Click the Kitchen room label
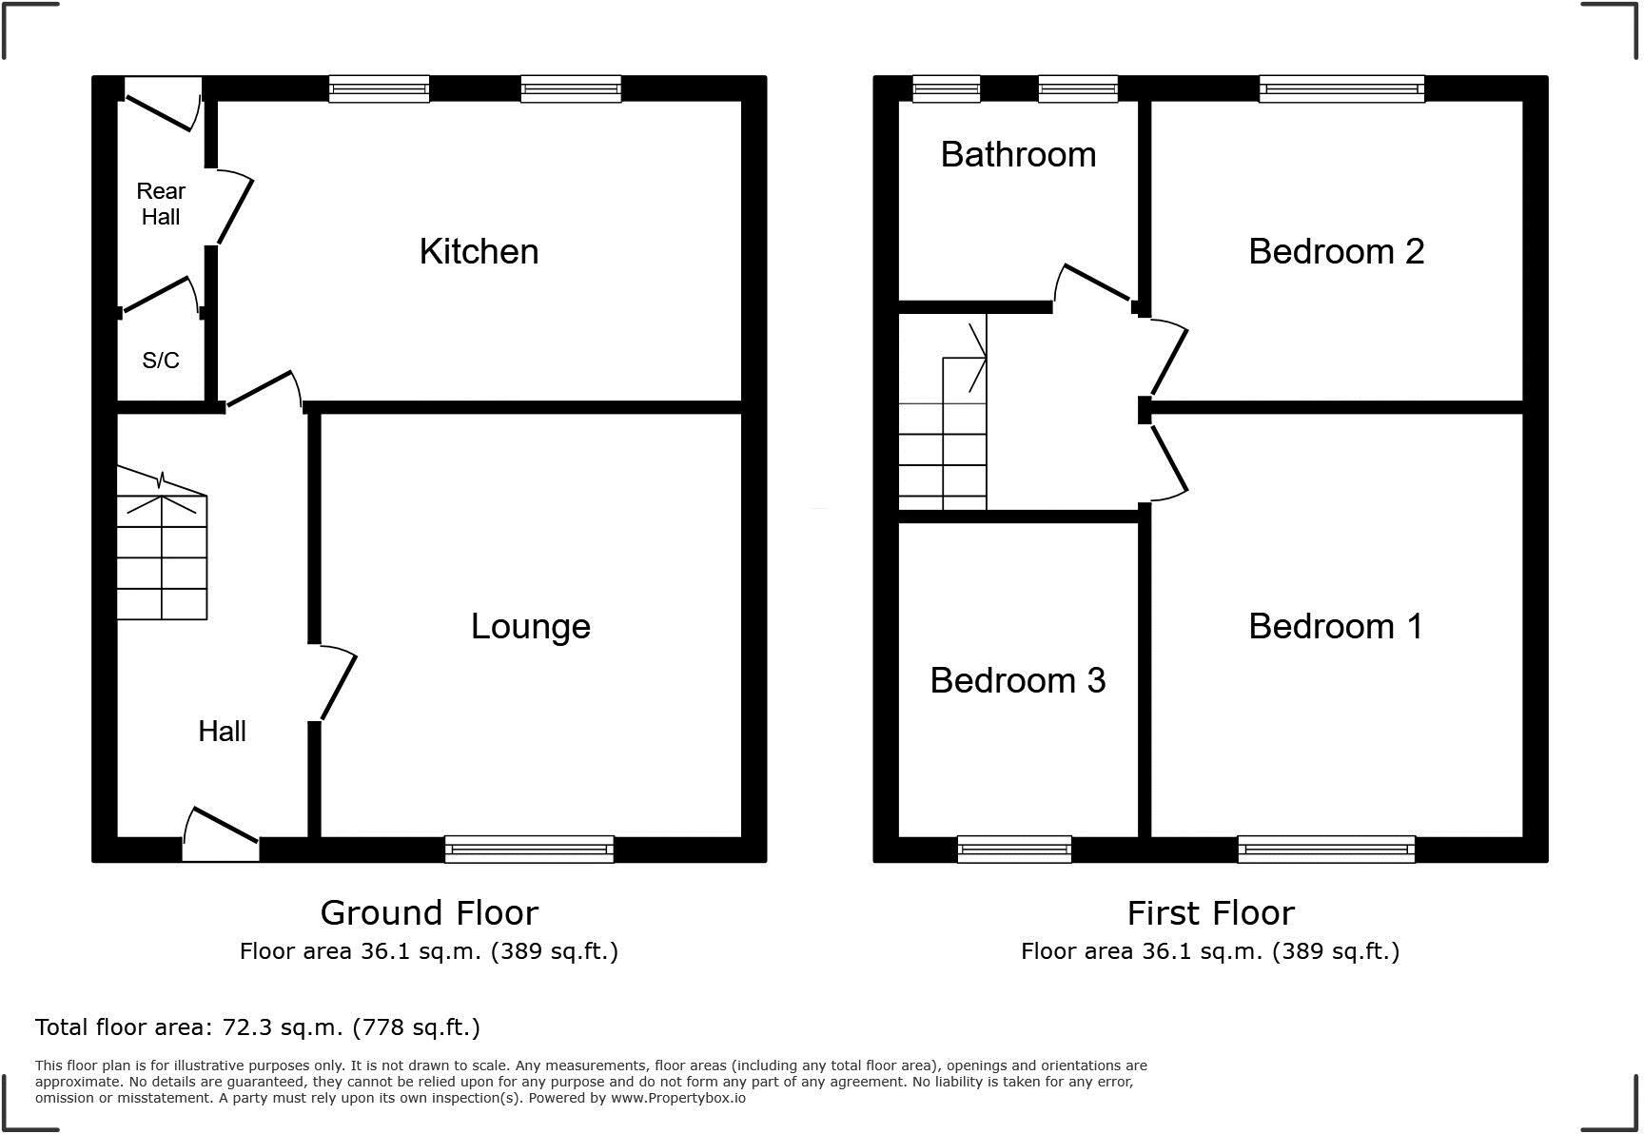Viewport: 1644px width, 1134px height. [x=479, y=252]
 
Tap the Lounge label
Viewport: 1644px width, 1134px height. [x=531, y=627]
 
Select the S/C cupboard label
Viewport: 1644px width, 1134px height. [x=160, y=361]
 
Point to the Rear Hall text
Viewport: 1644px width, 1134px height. [x=161, y=204]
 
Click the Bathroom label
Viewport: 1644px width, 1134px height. [x=1018, y=155]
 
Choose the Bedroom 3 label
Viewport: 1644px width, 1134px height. [x=1017, y=681]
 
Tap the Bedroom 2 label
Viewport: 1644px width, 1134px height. [x=1336, y=252]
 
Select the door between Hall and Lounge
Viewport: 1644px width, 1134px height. [x=336, y=683]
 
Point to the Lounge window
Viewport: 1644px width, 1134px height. [x=529, y=849]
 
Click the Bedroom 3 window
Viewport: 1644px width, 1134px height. [x=1014, y=849]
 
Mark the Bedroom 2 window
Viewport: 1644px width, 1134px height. [x=1341, y=89]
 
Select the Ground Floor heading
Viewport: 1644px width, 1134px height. [x=429, y=913]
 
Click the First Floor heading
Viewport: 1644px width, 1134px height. [x=1210, y=913]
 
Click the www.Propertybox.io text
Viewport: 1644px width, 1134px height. [x=677, y=1098]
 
